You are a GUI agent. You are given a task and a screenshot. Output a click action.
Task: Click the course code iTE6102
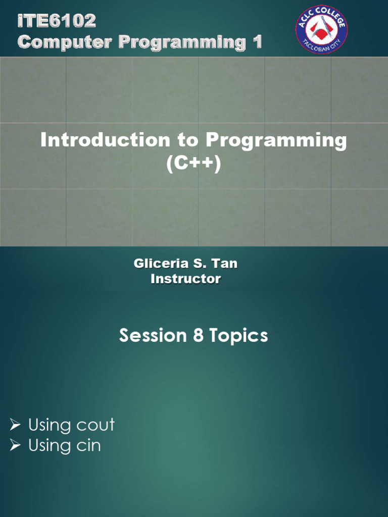[x=57, y=22]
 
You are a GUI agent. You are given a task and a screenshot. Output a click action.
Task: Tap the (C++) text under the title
[x=193, y=164]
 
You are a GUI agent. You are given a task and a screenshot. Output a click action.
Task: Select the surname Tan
[x=226, y=264]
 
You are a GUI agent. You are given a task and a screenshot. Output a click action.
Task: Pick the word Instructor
[x=186, y=279]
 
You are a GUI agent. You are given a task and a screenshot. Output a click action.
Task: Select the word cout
[x=95, y=426]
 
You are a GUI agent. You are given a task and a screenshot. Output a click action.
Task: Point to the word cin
[x=88, y=446]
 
